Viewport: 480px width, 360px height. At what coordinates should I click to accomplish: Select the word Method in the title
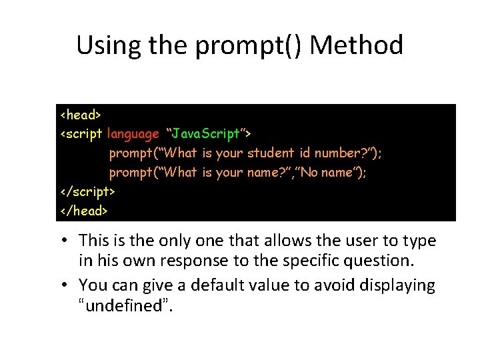357,45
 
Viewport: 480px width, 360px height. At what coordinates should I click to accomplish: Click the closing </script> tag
87,191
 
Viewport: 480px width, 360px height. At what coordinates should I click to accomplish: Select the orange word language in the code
133,134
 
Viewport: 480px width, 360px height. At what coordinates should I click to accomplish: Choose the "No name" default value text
331,173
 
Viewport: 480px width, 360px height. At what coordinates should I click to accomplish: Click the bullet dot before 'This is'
69,241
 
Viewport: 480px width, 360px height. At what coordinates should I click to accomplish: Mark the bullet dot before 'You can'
69,286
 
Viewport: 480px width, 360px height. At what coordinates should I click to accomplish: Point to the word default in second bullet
215,285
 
